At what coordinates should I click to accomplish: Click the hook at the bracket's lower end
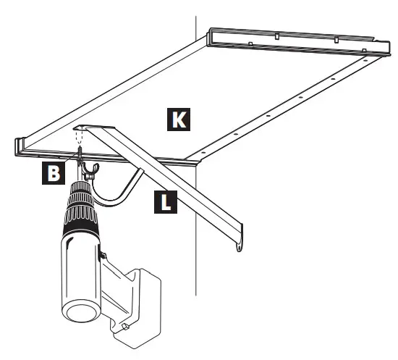239,246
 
